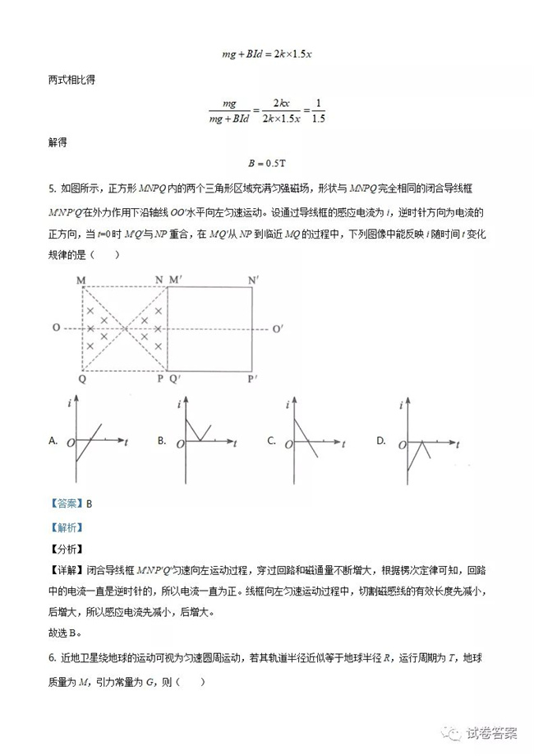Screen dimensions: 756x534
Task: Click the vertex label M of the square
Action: pos(82,281)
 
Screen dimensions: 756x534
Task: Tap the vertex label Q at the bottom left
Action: pos(82,378)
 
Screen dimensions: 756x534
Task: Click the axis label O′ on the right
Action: pos(279,329)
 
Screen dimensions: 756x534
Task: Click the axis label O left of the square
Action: pos(56,328)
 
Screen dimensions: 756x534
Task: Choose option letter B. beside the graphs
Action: pos(162,441)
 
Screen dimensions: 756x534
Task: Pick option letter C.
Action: pos(271,441)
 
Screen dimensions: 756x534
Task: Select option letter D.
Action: pos(380,441)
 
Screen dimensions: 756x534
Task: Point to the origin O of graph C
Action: pos(288,444)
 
